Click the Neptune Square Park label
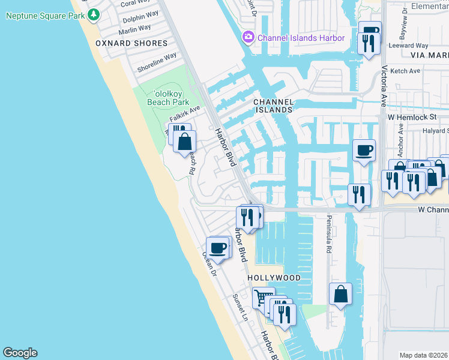click(44, 14)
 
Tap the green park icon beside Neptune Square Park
click(92, 14)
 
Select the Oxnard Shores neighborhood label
click(131, 43)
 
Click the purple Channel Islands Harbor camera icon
click(249, 38)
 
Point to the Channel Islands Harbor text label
click(301, 38)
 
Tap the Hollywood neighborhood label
click(274, 278)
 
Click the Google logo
click(20, 353)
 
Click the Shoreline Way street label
click(157, 62)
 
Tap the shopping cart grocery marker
click(262, 297)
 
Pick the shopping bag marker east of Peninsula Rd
click(340, 294)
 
